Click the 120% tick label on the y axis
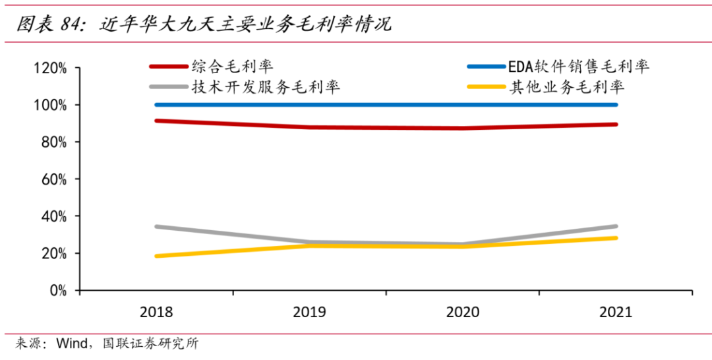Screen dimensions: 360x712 [47, 68]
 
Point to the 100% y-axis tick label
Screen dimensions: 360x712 [47, 105]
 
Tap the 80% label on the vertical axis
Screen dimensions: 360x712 [50, 142]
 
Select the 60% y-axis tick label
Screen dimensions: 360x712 [50, 179]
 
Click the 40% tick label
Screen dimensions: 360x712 [50, 216]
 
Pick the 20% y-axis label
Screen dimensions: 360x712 [50, 253]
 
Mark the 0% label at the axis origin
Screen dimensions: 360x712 [54, 290]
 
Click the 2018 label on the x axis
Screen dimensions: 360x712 [156, 312]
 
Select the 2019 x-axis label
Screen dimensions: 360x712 [309, 312]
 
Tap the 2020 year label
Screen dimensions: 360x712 [462, 312]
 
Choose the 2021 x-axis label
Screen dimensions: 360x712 [615, 312]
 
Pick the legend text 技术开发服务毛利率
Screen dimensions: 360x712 [266, 87]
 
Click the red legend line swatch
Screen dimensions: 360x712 [168, 67]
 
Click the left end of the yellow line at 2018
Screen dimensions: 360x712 [156, 256]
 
